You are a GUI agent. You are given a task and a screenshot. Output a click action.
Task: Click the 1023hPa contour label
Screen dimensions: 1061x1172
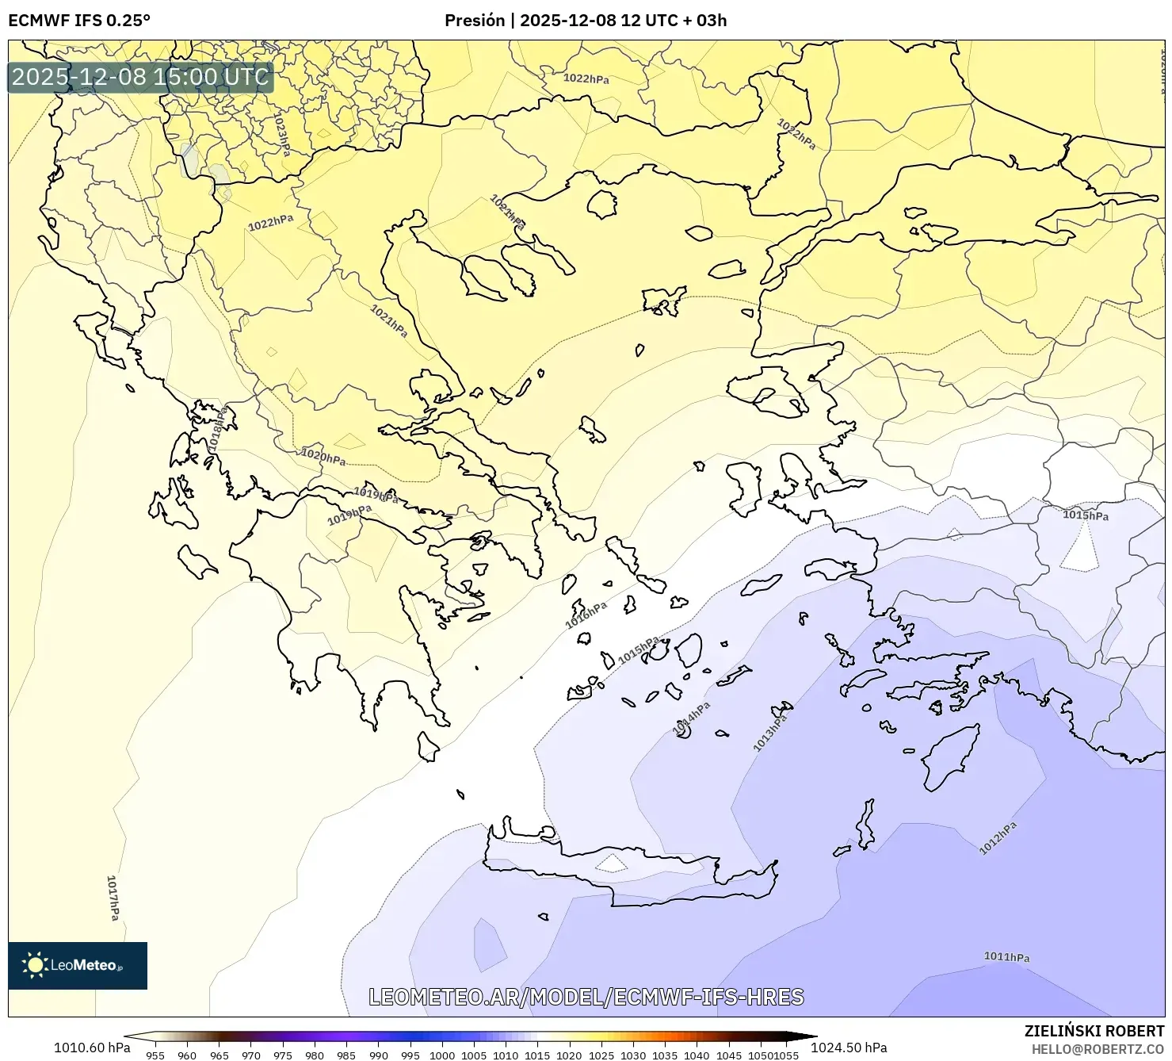pyautogui.click(x=281, y=134)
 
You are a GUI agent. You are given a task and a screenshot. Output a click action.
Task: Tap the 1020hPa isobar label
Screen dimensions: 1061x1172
pyautogui.click(x=323, y=457)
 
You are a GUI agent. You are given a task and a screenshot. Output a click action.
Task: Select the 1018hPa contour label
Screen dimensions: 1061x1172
pyautogui.click(x=218, y=429)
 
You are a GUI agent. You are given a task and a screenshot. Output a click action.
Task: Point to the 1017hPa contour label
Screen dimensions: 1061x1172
pyautogui.click(x=113, y=898)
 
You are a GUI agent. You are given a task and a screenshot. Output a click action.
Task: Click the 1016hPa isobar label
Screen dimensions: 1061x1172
pyautogui.click(x=586, y=615)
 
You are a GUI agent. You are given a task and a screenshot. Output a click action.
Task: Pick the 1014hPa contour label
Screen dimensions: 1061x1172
pyautogui.click(x=692, y=718)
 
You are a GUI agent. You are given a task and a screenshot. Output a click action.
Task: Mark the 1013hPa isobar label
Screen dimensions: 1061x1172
pyautogui.click(x=770, y=733)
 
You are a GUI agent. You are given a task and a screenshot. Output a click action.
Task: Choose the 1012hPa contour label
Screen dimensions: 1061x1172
pyautogui.click(x=998, y=838)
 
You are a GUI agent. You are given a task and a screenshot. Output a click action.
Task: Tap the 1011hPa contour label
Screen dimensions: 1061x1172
pyautogui.click(x=1006, y=957)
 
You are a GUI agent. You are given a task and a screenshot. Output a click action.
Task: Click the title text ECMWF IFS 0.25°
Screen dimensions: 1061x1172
pyautogui.click(x=79, y=21)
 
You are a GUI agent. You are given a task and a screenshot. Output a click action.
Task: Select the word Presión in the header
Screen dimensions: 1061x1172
pyautogui.click(x=475, y=21)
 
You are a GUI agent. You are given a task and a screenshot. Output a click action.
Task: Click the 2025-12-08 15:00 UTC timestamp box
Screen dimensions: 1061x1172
pyautogui.click(x=140, y=77)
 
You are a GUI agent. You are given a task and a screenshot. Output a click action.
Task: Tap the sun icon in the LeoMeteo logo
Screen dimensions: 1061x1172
pyautogui.click(x=35, y=965)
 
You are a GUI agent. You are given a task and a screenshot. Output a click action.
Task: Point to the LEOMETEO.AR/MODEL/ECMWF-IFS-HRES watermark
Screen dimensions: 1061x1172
pyautogui.click(x=586, y=997)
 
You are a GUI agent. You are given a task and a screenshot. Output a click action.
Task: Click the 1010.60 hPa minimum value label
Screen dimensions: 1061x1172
pyautogui.click(x=92, y=1048)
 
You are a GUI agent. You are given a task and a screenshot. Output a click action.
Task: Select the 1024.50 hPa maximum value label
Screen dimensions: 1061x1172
pyautogui.click(x=849, y=1048)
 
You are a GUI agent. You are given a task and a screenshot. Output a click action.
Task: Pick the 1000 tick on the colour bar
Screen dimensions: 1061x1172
pyautogui.click(x=442, y=1055)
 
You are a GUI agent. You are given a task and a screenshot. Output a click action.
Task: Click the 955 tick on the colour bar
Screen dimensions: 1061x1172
pyautogui.click(x=155, y=1055)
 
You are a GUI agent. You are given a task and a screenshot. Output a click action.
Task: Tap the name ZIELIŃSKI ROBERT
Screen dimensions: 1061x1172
pyautogui.click(x=1094, y=1031)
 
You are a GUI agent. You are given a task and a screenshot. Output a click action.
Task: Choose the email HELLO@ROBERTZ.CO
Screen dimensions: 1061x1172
pyautogui.click(x=1098, y=1049)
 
